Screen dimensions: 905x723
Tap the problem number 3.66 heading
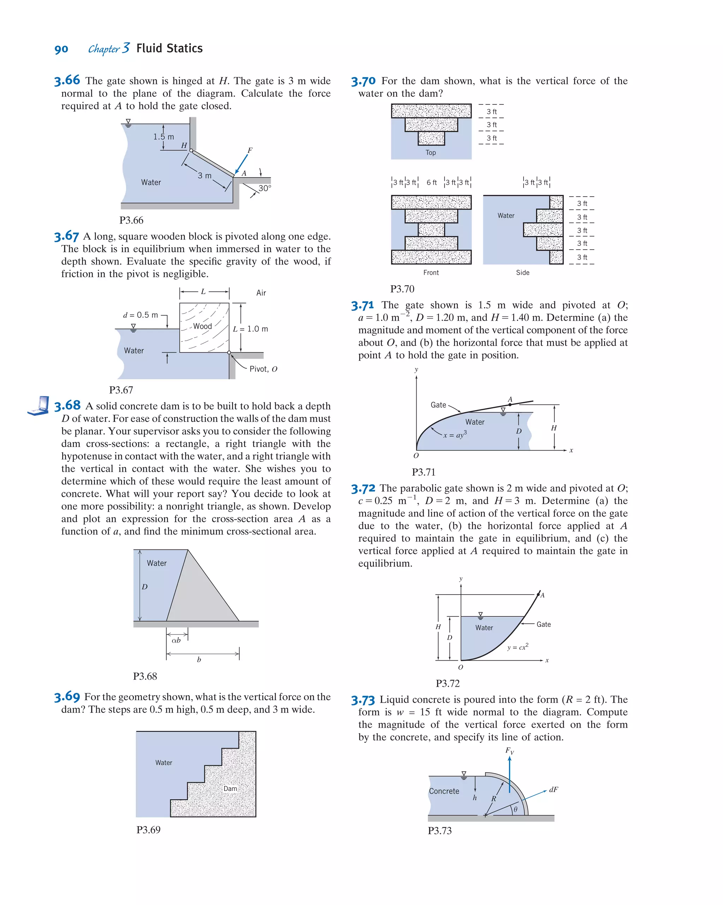click(67, 80)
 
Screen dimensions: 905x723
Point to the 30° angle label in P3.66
click(264, 188)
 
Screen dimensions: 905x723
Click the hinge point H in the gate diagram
click(191, 151)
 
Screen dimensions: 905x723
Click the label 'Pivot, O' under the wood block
click(263, 369)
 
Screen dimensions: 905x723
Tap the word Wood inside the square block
click(202, 326)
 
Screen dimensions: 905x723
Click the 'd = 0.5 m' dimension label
click(141, 315)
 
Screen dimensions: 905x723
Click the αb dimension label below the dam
click(176, 640)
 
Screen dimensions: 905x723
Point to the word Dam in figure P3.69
click(230, 788)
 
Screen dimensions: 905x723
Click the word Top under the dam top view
click(431, 153)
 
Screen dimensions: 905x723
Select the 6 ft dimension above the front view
click(431, 183)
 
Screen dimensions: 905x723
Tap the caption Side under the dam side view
click(522, 273)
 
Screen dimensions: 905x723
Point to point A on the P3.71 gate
click(510, 404)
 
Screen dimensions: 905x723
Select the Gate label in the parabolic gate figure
click(543, 625)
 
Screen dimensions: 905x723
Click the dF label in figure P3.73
click(553, 790)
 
